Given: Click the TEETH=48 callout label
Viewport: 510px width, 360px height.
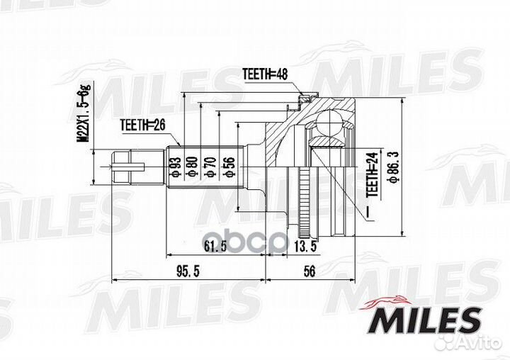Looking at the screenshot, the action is pos(265,74).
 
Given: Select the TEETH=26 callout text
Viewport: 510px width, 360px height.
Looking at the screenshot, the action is pos(142,125).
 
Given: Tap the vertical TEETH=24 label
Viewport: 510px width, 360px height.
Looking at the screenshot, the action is pos(372,174).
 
